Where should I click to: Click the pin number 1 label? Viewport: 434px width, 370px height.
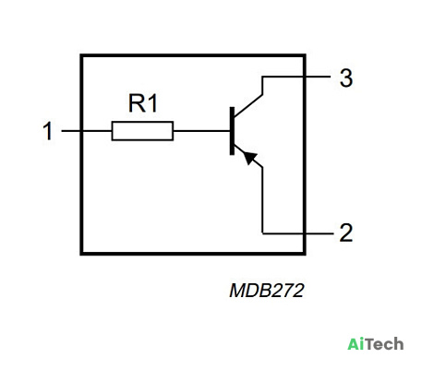[x=48, y=131]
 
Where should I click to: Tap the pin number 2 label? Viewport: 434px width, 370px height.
[x=346, y=233]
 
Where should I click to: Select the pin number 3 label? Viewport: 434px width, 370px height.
[x=346, y=78]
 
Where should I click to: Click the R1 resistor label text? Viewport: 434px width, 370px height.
[x=143, y=103]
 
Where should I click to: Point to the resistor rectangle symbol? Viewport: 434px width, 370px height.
[x=142, y=131]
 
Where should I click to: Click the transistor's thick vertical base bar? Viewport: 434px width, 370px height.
[x=232, y=131]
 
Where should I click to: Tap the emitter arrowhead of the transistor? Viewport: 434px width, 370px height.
[x=249, y=158]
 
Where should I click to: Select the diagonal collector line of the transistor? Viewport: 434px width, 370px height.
[x=248, y=106]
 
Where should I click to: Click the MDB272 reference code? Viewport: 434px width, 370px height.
[x=267, y=291]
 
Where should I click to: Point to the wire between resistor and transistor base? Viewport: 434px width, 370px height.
[x=201, y=131]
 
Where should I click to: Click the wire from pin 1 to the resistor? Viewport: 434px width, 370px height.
[x=87, y=131]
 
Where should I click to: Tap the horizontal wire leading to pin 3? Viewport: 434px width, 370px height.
[x=296, y=77]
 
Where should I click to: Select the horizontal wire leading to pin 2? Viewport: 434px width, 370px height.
[x=297, y=233]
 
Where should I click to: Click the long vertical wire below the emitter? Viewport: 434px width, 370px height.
[x=262, y=200]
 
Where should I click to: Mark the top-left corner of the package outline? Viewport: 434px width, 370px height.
[x=81, y=55]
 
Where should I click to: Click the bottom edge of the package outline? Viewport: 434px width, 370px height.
[x=193, y=254]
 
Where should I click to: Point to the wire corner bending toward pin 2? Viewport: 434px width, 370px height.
[x=262, y=233]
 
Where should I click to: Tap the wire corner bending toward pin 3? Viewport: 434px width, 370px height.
[x=262, y=77]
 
